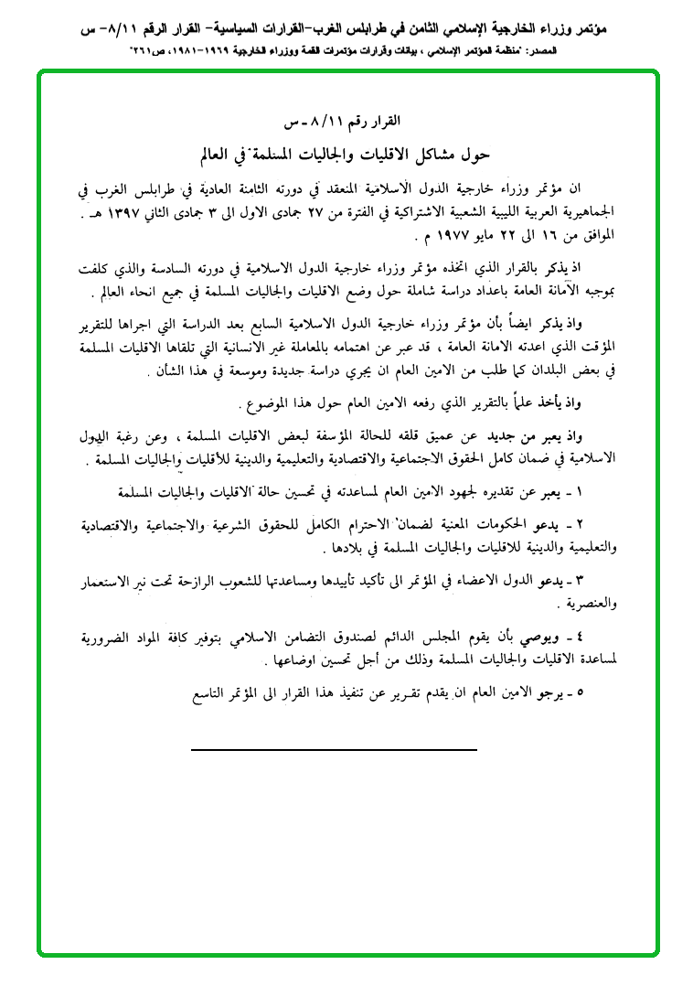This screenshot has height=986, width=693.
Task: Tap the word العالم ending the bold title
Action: coord(224,154)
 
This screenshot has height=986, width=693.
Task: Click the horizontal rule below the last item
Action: coord(334,749)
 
